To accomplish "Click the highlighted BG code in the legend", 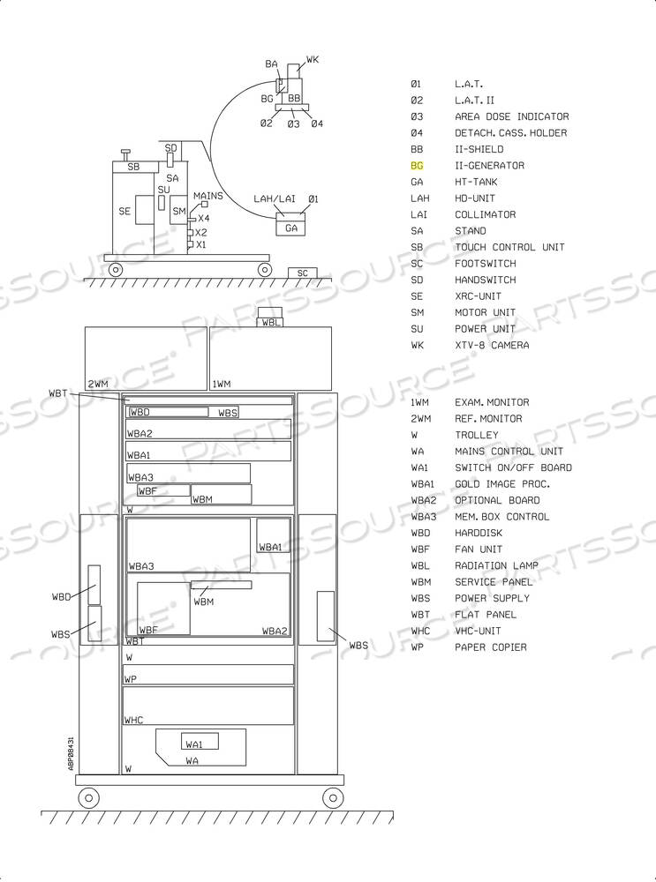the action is [417, 166].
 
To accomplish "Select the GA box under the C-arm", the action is [290, 228].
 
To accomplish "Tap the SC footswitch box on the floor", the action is [302, 273].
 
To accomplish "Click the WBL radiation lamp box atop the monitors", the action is [270, 322].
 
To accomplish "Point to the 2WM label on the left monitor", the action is [97, 385].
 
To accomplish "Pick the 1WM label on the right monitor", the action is [222, 385].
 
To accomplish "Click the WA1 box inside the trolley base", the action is [200, 742].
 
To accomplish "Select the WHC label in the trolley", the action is [133, 720].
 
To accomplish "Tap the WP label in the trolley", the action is [130, 679].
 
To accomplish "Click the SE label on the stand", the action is [124, 211].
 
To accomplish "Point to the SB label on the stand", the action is [133, 167].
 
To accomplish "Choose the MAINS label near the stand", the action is [207, 196].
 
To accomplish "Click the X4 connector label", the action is [203, 218].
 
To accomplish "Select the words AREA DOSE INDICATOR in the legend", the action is [512, 116].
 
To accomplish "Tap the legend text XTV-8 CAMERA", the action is [492, 345].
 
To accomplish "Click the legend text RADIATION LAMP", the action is [497, 565].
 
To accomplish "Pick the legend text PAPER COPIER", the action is [491, 647].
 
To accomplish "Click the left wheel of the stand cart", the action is [116, 270].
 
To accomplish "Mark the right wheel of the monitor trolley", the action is [333, 797].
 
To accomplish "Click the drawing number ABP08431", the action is [71, 753].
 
